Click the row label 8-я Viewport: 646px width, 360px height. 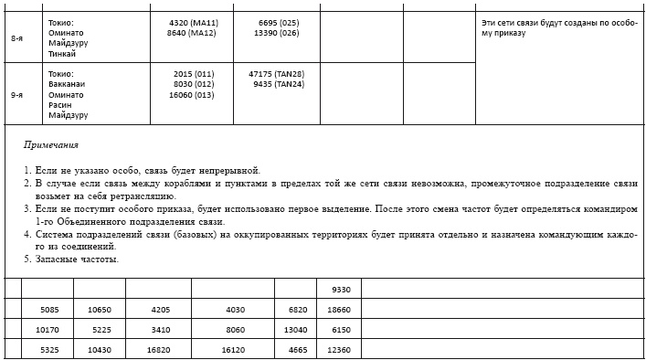[x=17, y=38]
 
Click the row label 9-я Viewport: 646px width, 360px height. [x=17, y=94]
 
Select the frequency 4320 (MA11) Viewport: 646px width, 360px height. [x=193, y=22]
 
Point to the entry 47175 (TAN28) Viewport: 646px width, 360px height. [x=276, y=74]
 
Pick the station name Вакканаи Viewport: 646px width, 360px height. [x=68, y=84]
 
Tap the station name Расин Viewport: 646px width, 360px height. [x=60, y=105]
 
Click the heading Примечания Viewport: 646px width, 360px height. [x=51, y=145]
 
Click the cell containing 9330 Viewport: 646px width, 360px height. [x=341, y=290]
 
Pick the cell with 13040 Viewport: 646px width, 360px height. [x=296, y=330]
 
